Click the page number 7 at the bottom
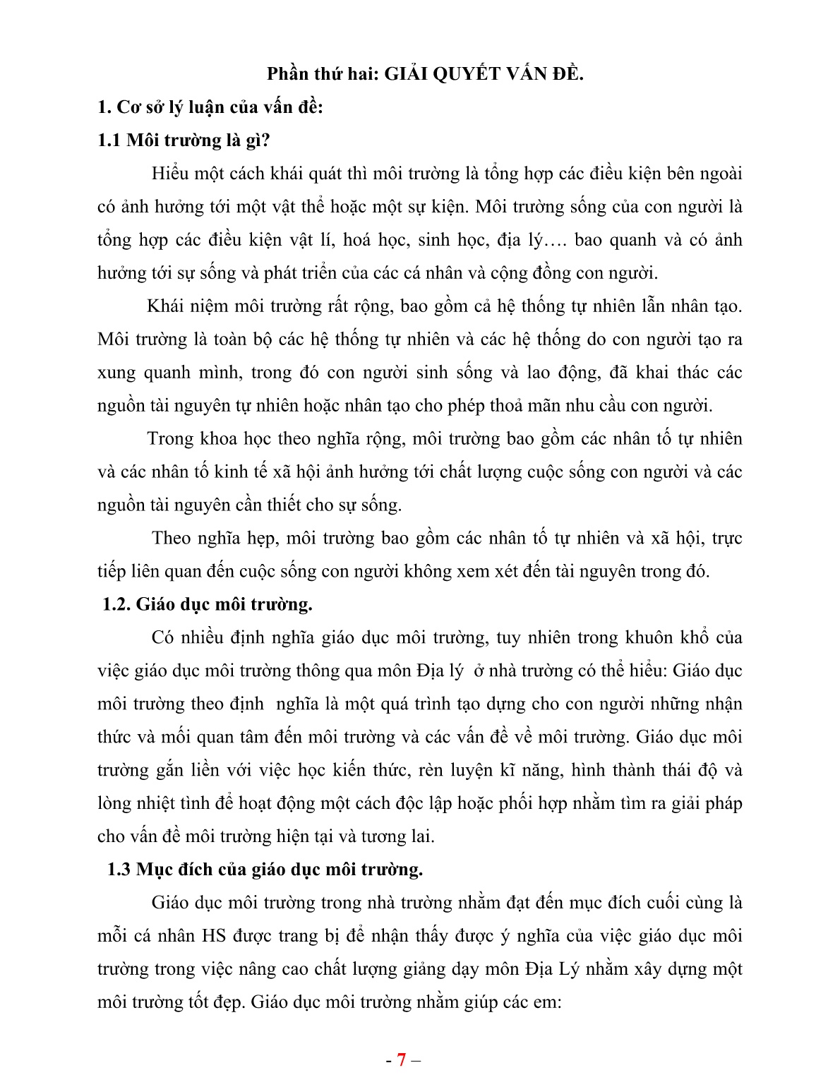401,1059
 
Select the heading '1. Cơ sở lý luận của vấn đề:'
210,107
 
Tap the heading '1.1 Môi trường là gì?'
184,140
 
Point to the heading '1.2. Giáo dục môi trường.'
207,604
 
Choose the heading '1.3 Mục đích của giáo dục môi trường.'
265,870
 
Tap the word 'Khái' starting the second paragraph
166,306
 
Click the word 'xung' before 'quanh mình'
116,373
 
